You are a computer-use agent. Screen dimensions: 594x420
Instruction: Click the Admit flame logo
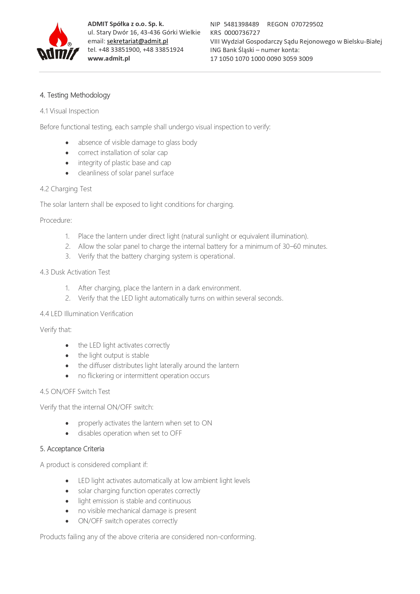coord(58,42)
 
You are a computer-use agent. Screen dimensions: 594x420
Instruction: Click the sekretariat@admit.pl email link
coord(137,41)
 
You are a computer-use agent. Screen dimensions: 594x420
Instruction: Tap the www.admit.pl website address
coord(109,59)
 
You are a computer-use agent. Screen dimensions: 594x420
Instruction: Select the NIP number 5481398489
coord(241,24)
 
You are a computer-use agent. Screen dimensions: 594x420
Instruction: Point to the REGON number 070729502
coord(307,24)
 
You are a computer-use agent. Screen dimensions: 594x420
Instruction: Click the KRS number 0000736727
coord(242,33)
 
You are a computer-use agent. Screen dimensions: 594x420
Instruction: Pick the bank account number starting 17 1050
coord(261,59)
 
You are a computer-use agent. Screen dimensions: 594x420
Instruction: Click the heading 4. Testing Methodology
coord(75,95)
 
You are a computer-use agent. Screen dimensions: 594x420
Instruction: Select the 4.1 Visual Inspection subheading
coord(69,111)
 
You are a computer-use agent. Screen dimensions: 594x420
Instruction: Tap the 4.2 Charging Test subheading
coord(66,189)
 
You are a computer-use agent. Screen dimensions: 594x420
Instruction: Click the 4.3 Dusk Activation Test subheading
coord(75,272)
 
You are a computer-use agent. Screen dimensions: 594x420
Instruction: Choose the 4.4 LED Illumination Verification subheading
coord(86,314)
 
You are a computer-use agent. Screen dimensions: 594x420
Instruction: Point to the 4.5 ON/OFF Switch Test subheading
coord(75,392)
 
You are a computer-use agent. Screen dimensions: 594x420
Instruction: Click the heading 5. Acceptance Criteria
coord(72,449)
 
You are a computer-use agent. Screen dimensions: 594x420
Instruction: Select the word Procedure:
coord(56,220)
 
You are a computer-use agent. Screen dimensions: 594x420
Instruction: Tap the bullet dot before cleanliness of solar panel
coord(67,173)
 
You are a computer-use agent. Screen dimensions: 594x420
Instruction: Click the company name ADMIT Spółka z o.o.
coord(126,24)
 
